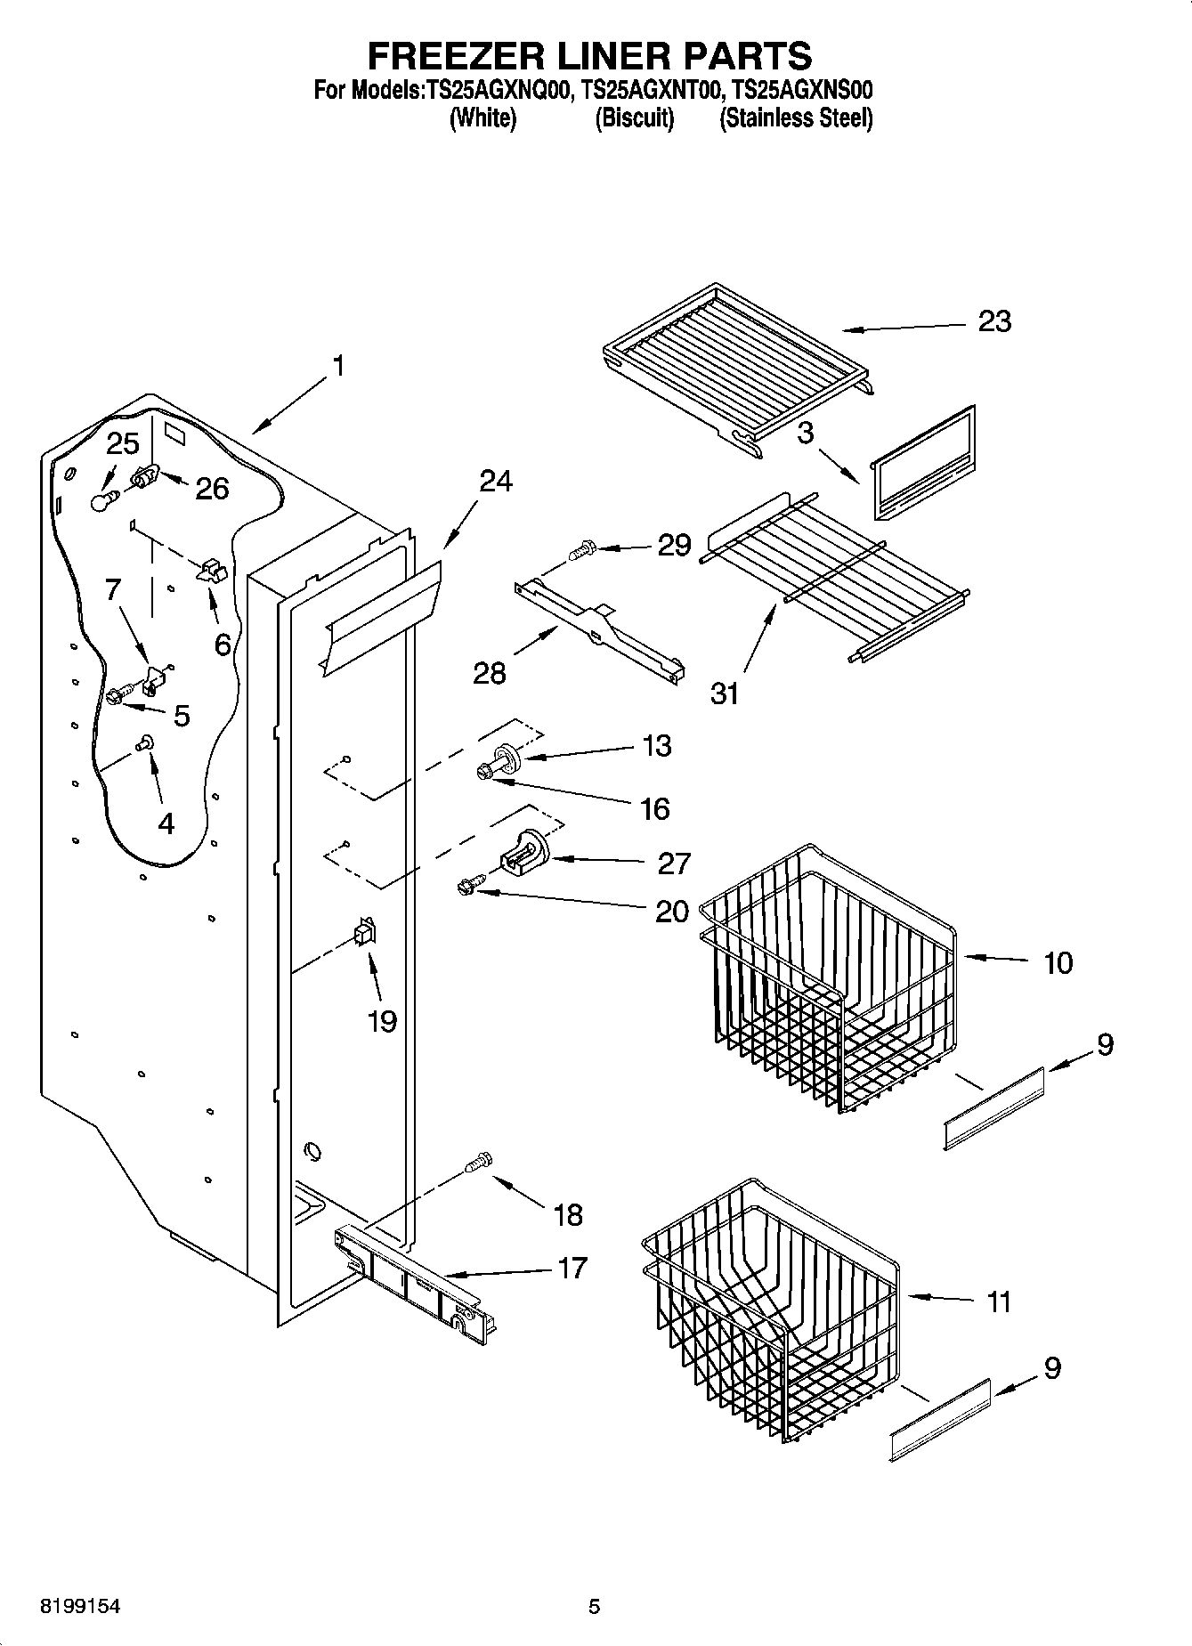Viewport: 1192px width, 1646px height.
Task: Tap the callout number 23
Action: pos(994,321)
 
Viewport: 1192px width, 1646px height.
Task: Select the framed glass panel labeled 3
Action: pos(920,466)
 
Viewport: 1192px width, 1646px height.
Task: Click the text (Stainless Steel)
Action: pos(796,118)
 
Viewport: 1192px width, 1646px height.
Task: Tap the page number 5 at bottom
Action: pos(595,1607)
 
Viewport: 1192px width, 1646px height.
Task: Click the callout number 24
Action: pos(496,481)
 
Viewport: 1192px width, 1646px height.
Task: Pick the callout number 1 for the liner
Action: pos(337,366)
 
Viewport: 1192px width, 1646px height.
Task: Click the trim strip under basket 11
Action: pos(940,1419)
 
